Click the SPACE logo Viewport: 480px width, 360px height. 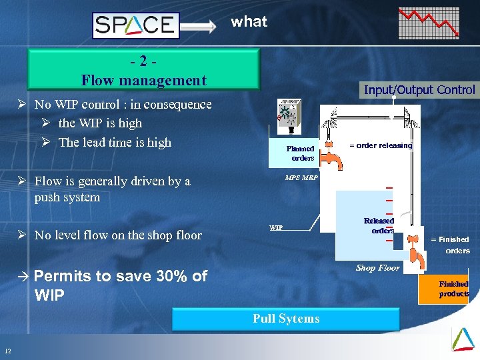[x=135, y=25]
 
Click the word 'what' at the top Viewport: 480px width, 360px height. [x=249, y=21]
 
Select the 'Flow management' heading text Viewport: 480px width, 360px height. [x=143, y=81]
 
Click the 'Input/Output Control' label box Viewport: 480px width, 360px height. [x=419, y=90]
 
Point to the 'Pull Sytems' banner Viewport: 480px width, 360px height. [x=286, y=319]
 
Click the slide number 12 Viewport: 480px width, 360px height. [x=7, y=351]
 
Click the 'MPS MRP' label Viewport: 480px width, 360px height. [x=301, y=178]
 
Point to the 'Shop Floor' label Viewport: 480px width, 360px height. [x=377, y=268]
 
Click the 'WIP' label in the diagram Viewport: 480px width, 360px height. [x=276, y=227]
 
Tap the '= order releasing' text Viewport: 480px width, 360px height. [x=381, y=145]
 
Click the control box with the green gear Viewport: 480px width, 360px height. [x=289, y=119]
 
